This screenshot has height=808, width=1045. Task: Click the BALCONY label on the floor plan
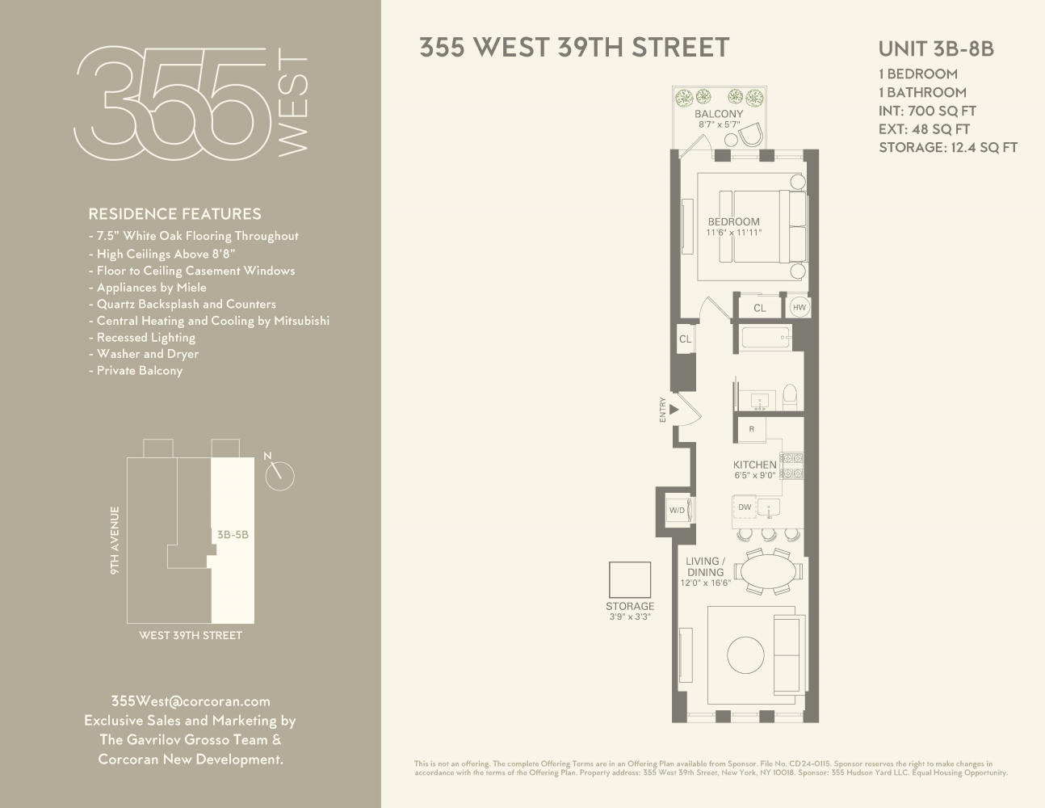[x=718, y=114]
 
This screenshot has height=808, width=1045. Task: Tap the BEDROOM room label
[x=733, y=222]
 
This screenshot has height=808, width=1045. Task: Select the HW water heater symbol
[x=799, y=308]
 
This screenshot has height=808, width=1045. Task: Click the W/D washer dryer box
[x=676, y=510]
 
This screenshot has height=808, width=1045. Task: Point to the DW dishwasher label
[x=745, y=507]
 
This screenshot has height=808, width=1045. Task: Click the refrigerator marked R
[x=752, y=429]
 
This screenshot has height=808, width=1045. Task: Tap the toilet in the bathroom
[x=790, y=394]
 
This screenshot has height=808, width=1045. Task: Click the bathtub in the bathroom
[x=766, y=337]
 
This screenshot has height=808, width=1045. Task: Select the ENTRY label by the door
[x=663, y=410]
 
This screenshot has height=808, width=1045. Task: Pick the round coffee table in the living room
[x=745, y=655]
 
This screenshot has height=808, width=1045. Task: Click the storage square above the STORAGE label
[x=629, y=579]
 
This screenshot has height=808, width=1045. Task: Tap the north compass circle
[x=279, y=476]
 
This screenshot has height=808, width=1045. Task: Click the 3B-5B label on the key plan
[x=233, y=534]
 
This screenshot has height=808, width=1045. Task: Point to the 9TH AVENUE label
[x=115, y=541]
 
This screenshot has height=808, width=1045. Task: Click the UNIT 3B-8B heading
[x=936, y=48]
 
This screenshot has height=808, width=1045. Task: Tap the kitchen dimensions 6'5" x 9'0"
[x=755, y=476]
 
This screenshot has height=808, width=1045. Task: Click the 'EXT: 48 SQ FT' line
[x=924, y=129]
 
